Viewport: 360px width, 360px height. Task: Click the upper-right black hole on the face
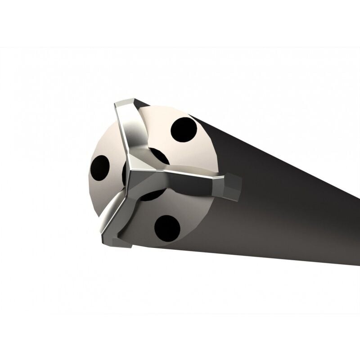coord(184,130)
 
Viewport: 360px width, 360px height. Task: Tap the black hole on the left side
coord(99,168)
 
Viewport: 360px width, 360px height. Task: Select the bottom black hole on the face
coord(167,228)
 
